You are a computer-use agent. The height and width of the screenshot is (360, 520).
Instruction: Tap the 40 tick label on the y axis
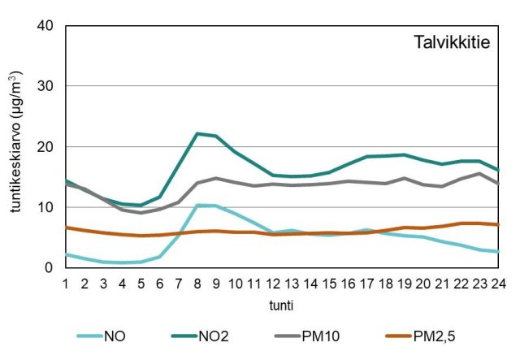(45, 26)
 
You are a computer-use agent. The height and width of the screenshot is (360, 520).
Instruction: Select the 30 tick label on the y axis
(45, 86)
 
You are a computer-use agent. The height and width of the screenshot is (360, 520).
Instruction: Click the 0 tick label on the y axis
(50, 268)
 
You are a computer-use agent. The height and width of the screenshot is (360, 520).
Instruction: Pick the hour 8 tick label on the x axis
(197, 284)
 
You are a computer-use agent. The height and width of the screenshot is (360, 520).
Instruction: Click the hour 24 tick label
(498, 284)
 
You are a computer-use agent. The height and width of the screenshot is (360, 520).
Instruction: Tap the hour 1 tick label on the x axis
(66, 284)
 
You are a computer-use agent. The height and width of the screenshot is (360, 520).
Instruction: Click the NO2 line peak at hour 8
(197, 133)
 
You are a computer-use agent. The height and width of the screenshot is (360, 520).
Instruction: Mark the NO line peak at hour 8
(197, 206)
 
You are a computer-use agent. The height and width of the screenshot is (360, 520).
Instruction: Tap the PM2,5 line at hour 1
(66, 228)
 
